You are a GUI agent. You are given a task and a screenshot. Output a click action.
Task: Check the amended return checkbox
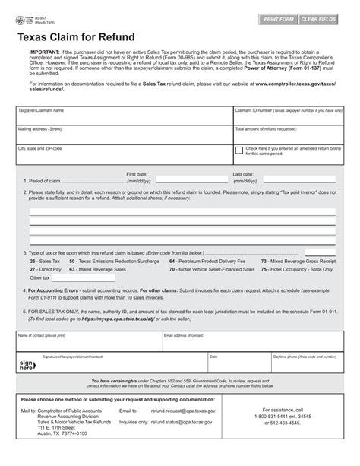(x=239, y=151)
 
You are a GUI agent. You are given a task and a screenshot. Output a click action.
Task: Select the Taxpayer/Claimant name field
(x=124, y=117)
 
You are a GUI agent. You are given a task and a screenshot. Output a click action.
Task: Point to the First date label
(x=137, y=174)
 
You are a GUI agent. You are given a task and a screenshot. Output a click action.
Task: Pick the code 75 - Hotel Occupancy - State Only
(x=297, y=269)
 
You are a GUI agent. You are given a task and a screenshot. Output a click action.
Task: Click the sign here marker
(x=25, y=366)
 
